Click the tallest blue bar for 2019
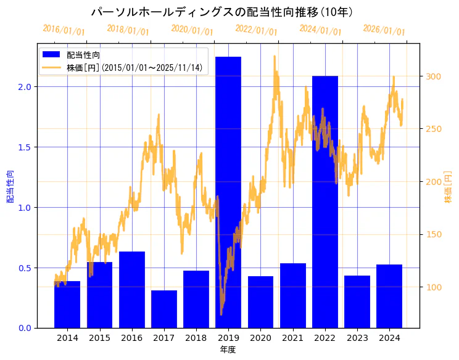[228, 192]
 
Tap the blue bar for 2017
[163, 309]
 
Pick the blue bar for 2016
[131, 290]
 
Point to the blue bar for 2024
[389, 296]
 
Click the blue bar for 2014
[67, 305]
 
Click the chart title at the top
[221, 12]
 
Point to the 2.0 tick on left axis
[24, 87]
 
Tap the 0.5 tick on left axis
[24, 268]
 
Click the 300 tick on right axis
[433, 76]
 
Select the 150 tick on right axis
[433, 234]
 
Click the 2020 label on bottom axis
[260, 338]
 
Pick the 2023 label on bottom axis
[357, 338]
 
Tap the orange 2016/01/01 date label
[64, 30]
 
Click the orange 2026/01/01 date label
[384, 30]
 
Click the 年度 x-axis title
[228, 350]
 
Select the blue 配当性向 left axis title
[10, 187]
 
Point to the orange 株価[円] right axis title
[449, 187]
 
